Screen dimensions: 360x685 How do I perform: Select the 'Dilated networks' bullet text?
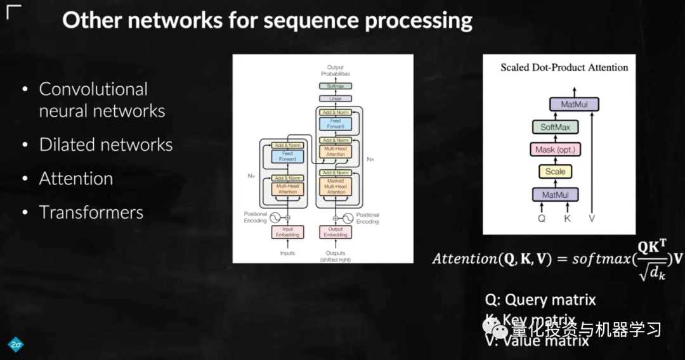pos(106,145)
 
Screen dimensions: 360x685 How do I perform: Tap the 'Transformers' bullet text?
pos(91,212)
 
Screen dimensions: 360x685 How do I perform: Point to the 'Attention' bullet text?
pos(76,178)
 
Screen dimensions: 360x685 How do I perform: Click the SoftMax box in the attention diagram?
pos(555,127)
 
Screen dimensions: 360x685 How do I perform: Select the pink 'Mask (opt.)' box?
pos(555,150)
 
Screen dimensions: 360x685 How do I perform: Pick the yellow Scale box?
pos(555,172)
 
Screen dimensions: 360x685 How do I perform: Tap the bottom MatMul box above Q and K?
pos(555,195)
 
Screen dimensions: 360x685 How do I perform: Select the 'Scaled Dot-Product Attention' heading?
pos(564,67)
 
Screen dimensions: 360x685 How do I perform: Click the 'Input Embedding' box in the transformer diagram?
pos(287,232)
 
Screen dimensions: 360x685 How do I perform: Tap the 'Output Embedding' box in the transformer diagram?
pos(336,232)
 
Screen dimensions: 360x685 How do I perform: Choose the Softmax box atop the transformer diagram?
pos(336,86)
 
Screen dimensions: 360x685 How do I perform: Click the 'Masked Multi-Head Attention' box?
pos(336,187)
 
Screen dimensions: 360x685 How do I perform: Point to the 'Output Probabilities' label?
pos(336,70)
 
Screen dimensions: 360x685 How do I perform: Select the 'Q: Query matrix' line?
pos(540,299)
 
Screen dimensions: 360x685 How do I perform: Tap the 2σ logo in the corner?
pos(16,344)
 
